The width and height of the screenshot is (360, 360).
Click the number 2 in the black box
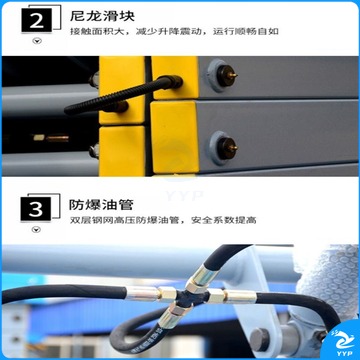(37, 20)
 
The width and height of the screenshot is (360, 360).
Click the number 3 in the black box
(36, 209)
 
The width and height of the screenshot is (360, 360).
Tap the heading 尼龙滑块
(102, 15)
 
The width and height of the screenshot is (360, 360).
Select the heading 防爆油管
(101, 204)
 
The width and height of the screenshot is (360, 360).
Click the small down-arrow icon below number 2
(37, 41)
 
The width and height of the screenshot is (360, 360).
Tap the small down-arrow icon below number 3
(36, 230)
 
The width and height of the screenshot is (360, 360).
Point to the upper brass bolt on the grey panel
(227, 76)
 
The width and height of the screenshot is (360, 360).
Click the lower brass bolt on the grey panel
(227, 148)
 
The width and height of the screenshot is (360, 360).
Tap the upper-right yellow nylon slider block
(175, 78)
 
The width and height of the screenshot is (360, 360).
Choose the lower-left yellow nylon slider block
(122, 151)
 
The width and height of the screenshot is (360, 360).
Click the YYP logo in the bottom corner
(342, 341)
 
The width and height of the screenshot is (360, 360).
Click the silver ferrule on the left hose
(142, 293)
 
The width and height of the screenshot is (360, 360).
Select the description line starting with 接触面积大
(174, 32)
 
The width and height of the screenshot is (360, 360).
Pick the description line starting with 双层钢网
(163, 220)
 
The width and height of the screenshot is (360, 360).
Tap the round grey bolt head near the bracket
(260, 339)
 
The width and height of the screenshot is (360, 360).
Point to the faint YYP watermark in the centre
(185, 195)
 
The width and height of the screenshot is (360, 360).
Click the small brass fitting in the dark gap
(51, 138)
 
